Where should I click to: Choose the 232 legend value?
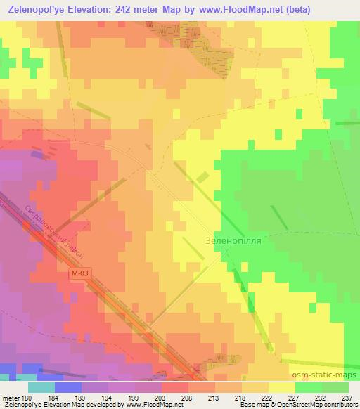[x=321, y=398]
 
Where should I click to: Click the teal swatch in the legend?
[x=41, y=387]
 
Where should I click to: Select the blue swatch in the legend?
[x=67, y=387]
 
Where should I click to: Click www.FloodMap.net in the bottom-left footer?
[x=150, y=405]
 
